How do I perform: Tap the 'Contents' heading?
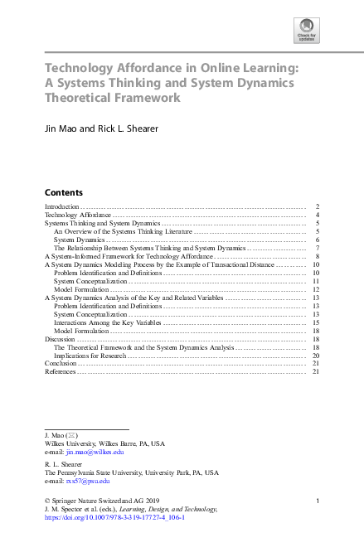[63, 191]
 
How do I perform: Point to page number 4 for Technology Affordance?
[318, 215]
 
